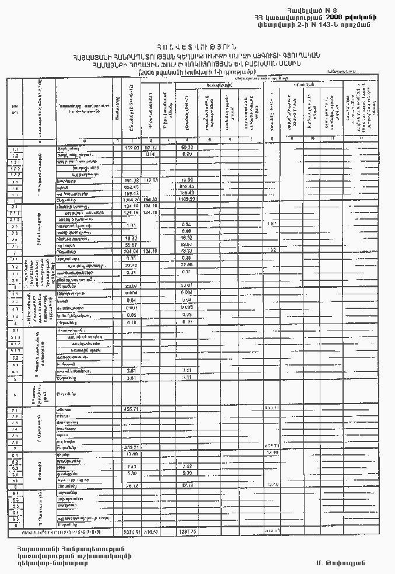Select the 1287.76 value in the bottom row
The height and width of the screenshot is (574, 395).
(188, 533)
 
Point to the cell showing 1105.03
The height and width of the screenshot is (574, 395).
(188, 200)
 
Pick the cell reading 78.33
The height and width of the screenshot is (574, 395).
(188, 251)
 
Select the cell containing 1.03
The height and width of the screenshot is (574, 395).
(131, 225)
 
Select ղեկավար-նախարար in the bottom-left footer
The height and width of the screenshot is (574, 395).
(47, 563)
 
